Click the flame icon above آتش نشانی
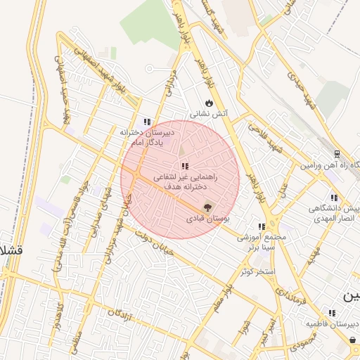tap(208, 103)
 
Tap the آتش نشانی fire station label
tap(208, 114)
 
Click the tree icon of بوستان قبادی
tap(207, 207)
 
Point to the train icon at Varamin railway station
tap(337, 154)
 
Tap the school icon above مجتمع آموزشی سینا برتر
tap(261, 226)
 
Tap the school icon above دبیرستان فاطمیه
tap(331, 312)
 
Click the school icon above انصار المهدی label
tap(334, 198)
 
